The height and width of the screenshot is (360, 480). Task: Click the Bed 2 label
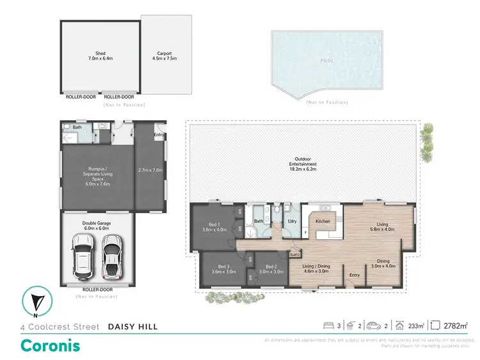pyautogui.click(x=271, y=269)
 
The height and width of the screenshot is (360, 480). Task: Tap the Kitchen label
pyautogui.click(x=322, y=221)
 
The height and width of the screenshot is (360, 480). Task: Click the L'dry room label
pyautogui.click(x=292, y=221)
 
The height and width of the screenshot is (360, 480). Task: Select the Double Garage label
pyautogui.click(x=98, y=226)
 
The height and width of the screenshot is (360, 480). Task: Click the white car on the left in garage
pyautogui.click(x=84, y=256)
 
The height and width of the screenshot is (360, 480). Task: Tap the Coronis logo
pyautogui.click(x=51, y=345)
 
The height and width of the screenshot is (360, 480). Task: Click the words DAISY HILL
pyautogui.click(x=132, y=327)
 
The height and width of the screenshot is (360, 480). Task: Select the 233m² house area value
pyautogui.click(x=416, y=326)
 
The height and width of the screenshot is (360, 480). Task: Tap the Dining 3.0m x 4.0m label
pyautogui.click(x=383, y=263)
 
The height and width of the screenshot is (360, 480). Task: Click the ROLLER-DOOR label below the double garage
pyautogui.click(x=98, y=290)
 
